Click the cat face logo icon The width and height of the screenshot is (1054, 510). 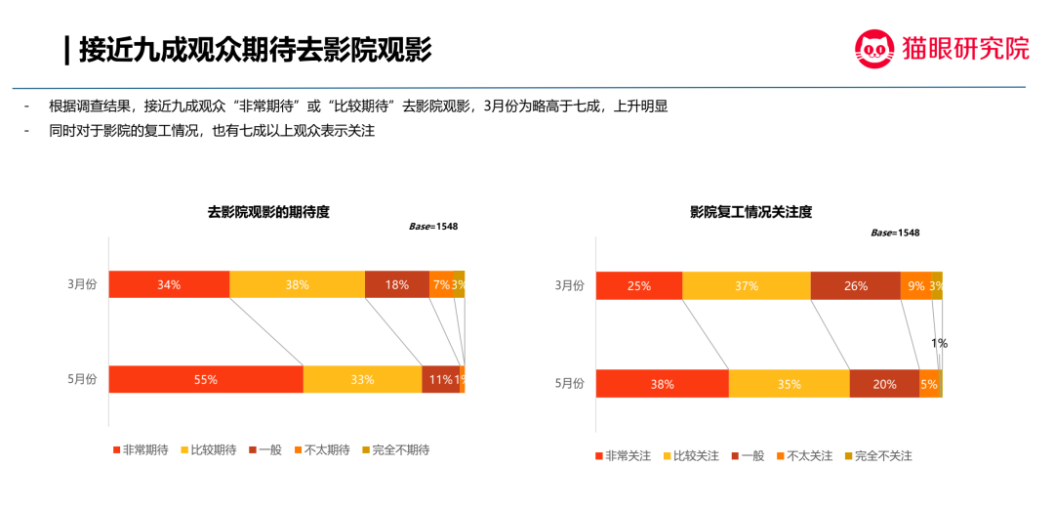[x=874, y=48]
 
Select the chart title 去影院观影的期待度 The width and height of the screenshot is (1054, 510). [x=268, y=211]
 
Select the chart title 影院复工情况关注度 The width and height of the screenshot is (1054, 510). [x=751, y=211]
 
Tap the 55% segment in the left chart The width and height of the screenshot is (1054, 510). [x=205, y=379]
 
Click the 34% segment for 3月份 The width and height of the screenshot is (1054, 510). [x=169, y=284]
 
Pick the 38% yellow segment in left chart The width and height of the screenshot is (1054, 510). [x=297, y=284]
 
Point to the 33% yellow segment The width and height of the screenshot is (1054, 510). [x=362, y=379]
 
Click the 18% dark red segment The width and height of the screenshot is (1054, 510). [x=396, y=284]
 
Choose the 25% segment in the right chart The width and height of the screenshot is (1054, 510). [x=638, y=286]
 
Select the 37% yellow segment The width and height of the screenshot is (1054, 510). [x=746, y=286]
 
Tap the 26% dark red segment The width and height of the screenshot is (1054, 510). [x=855, y=286]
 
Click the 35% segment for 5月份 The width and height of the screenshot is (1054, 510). [x=789, y=384]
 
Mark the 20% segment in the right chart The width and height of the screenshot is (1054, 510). [x=884, y=384]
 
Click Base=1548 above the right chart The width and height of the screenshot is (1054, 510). [x=895, y=233]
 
